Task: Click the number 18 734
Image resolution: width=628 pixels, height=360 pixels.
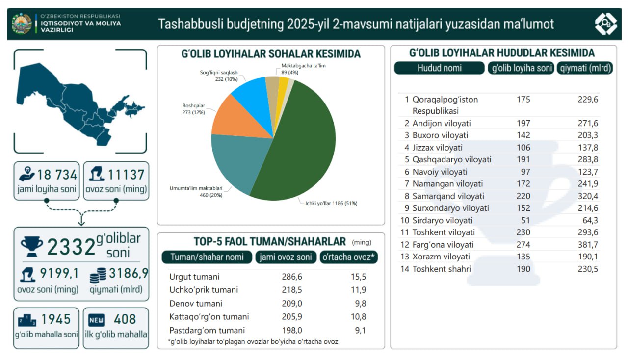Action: (x=57, y=175)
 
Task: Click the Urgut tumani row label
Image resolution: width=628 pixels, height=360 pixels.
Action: (x=194, y=277)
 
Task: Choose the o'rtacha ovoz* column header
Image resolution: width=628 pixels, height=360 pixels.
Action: (x=348, y=257)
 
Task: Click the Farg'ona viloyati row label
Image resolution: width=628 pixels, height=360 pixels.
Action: (x=443, y=245)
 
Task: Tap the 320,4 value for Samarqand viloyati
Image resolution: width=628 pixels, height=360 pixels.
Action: (x=587, y=196)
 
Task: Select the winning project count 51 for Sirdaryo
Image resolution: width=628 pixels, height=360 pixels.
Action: (x=523, y=220)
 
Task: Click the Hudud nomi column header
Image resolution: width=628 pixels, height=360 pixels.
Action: (x=439, y=68)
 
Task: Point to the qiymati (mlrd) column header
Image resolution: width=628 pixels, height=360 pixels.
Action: (x=585, y=68)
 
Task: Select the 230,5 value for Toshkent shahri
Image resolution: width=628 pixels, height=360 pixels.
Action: (x=587, y=269)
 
